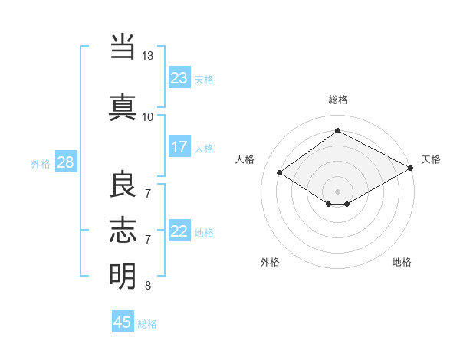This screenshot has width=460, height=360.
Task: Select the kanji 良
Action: (x=123, y=184)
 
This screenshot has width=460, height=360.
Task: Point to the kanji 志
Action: (x=123, y=230)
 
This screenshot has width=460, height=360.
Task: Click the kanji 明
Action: (x=123, y=276)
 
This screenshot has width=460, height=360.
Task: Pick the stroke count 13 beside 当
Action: (x=148, y=56)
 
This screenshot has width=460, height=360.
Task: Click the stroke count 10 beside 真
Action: (x=148, y=116)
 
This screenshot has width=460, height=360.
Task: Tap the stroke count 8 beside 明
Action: (x=148, y=286)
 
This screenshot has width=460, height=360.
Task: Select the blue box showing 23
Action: (x=179, y=77)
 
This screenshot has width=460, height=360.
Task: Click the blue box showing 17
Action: (x=179, y=147)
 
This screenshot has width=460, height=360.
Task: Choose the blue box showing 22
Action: (x=179, y=231)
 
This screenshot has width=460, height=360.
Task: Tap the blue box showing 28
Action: (x=65, y=162)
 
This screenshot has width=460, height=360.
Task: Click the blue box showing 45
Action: (x=123, y=322)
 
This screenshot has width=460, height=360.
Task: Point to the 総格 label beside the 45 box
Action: (x=148, y=324)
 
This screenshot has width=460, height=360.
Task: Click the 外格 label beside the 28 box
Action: (x=41, y=164)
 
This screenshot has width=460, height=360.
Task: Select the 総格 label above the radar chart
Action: (x=337, y=100)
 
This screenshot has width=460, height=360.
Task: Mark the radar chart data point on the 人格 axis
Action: (x=280, y=173)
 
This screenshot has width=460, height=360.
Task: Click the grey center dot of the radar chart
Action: (x=337, y=191)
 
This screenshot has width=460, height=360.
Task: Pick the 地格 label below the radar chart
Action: (x=402, y=262)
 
